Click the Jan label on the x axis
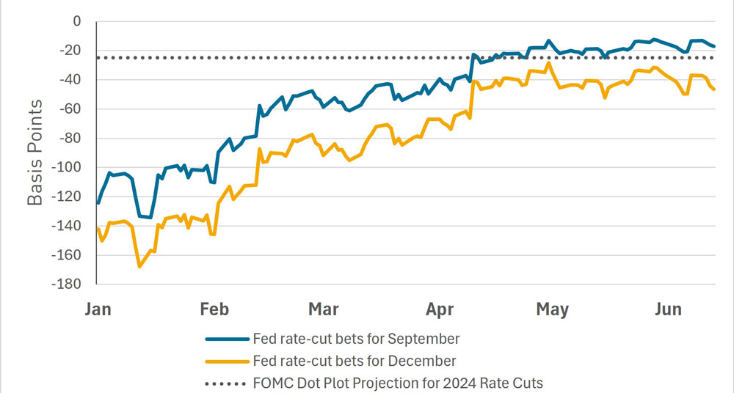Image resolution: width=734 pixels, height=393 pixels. [98, 309]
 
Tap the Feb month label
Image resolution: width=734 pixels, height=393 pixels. [214, 309]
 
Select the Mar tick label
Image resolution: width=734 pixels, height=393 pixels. [324, 309]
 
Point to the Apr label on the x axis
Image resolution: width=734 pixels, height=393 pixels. [439, 309]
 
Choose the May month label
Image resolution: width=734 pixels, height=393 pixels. [552, 309]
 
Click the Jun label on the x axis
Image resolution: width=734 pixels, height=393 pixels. [669, 309]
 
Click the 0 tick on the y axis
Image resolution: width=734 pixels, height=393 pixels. [76, 22]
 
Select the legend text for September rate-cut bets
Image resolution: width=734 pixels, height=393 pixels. [355, 339]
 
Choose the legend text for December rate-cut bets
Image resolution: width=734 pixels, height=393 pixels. [354, 361]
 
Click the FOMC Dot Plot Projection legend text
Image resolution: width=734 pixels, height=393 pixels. [398, 383]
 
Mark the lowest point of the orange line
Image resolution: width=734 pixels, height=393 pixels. [139, 266]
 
